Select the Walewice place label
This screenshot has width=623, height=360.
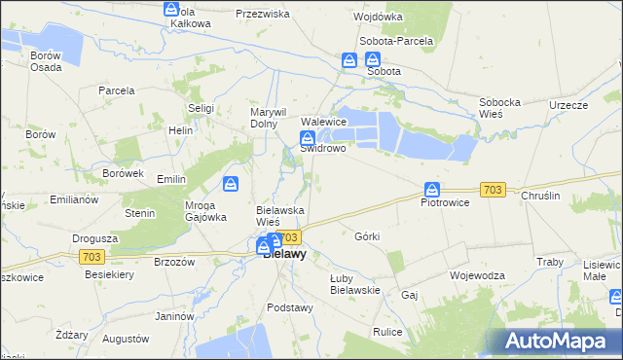pyautogui.click(x=324, y=122)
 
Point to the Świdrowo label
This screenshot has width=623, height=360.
pyautogui.click(x=323, y=149)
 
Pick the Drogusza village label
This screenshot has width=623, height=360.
pyautogui.click(x=95, y=237)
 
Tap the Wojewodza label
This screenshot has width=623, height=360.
pyautogui.click(x=477, y=275)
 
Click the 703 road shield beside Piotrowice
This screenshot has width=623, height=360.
pyautogui.click(x=493, y=190)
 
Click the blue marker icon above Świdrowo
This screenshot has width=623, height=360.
pyautogui.click(x=306, y=137)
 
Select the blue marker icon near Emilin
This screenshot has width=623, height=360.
pyautogui.click(x=231, y=183)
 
